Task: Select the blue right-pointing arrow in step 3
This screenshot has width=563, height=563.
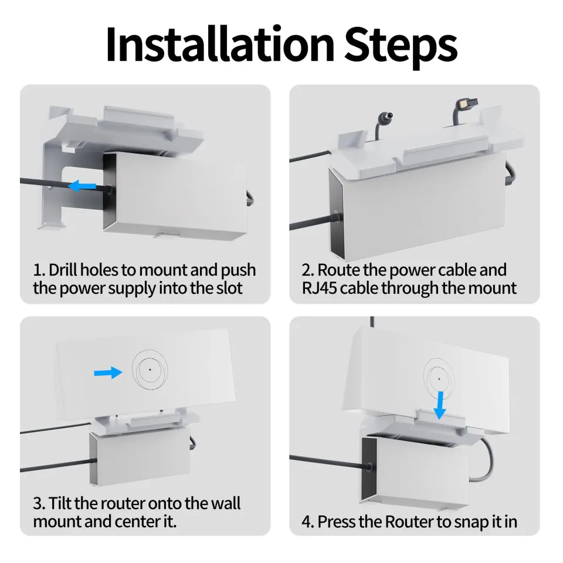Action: pyautogui.click(x=107, y=372)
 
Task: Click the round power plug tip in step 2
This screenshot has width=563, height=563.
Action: pyautogui.click(x=388, y=117)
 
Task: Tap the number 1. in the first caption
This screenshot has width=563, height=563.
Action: pyautogui.click(x=39, y=270)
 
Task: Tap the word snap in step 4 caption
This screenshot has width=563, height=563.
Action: pyautogui.click(x=449, y=521)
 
